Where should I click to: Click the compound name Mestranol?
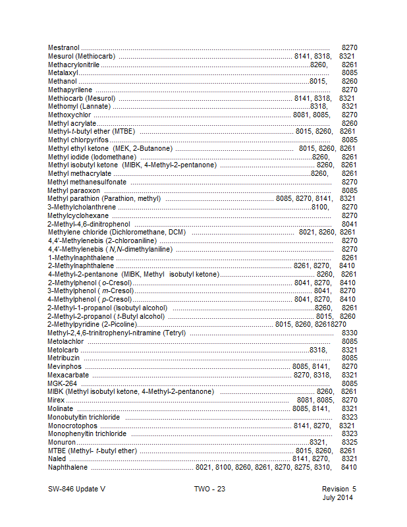click(x=64, y=48)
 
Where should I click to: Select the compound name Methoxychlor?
click(x=69, y=115)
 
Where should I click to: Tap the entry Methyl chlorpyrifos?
click(x=78, y=140)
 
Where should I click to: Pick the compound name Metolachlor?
click(x=66, y=341)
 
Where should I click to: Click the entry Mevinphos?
click(x=64, y=366)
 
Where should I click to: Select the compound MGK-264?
click(x=63, y=383)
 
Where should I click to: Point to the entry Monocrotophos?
click(x=72, y=426)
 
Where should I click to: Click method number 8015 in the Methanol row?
click(x=318, y=81)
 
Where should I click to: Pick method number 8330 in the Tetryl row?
click(x=350, y=333)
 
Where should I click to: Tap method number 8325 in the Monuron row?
click(x=350, y=442)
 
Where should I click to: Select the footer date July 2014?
click(x=339, y=497)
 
